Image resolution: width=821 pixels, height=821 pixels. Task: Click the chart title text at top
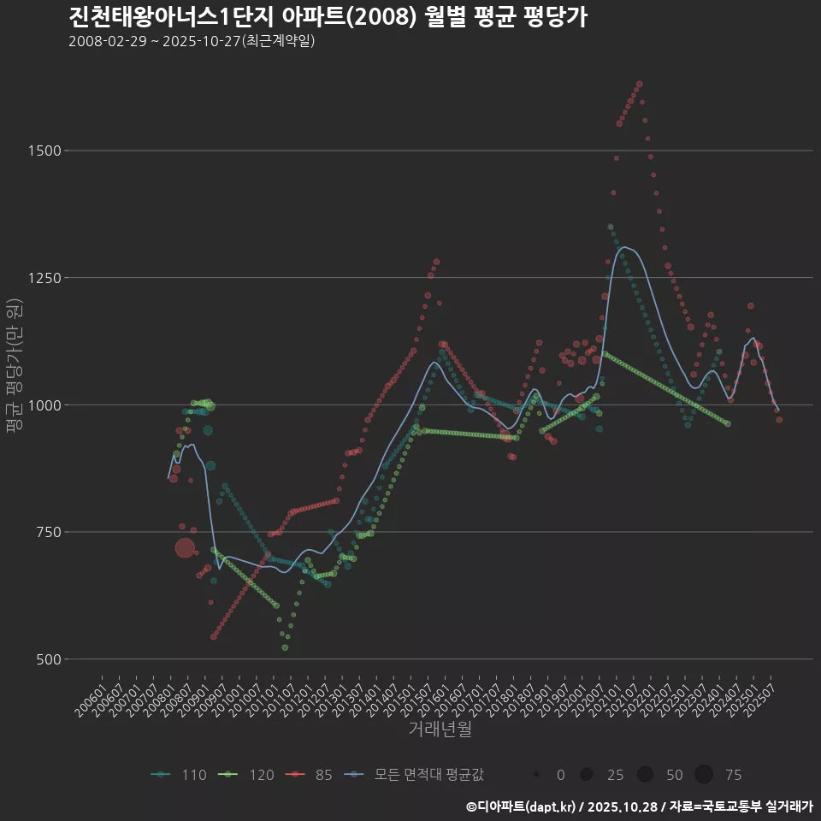point(327,17)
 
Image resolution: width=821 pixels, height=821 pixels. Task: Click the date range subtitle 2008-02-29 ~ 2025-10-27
point(192,41)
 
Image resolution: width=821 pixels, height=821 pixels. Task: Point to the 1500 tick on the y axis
point(42,151)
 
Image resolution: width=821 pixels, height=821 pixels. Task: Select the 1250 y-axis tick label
point(42,278)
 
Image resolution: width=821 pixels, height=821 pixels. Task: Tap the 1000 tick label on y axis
point(42,405)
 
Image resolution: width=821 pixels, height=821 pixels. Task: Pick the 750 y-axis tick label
point(45,532)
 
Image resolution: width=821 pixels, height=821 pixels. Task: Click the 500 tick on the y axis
point(45,659)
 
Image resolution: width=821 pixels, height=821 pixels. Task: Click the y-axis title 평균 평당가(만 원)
point(13,368)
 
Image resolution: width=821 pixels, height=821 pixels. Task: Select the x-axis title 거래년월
point(440,729)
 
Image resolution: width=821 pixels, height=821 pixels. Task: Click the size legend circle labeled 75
point(704,775)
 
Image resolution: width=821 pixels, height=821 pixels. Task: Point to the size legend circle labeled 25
point(587,775)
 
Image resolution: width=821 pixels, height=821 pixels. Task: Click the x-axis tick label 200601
point(92,696)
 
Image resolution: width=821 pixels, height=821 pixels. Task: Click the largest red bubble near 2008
point(186,548)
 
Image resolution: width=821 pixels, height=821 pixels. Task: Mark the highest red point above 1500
point(639,84)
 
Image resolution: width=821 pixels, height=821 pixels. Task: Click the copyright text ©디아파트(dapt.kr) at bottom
point(523,806)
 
